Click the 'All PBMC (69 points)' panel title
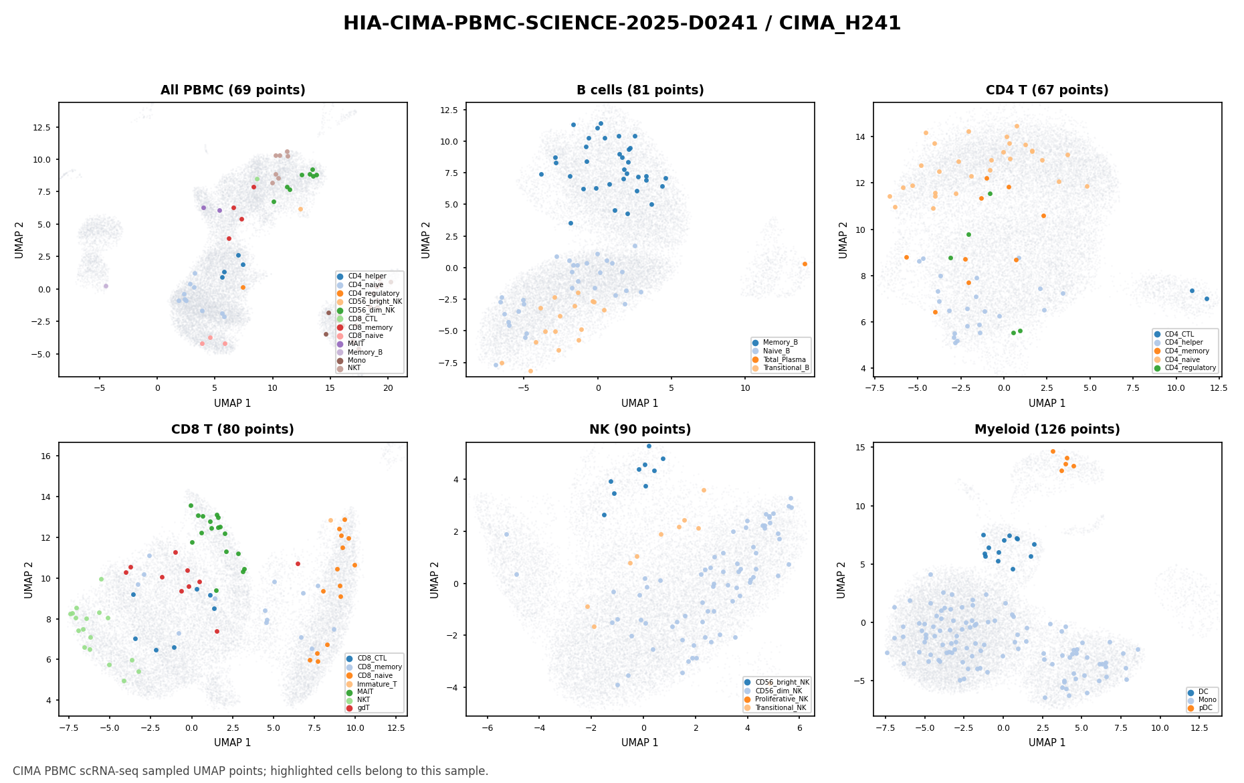click(233, 90)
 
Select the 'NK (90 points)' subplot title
click(640, 430)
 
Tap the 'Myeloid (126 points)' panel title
click(1047, 430)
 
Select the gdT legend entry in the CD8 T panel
click(363, 707)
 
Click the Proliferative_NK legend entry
click(776, 699)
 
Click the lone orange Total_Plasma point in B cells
click(805, 264)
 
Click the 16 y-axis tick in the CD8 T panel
click(49, 456)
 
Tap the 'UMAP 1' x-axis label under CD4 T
click(1047, 404)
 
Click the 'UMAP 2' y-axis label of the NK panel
click(435, 580)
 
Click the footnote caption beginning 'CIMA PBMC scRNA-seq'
click(251, 771)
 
